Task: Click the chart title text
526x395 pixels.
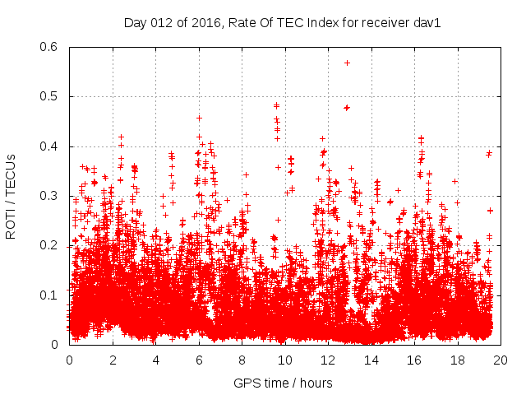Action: coord(283,23)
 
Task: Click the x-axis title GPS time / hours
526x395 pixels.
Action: coord(283,383)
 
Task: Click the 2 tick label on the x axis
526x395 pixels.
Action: coord(113,360)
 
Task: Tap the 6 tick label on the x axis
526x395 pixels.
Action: coord(199,360)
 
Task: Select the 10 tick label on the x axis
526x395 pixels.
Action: coord(285,360)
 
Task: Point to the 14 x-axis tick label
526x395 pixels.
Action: coord(371,360)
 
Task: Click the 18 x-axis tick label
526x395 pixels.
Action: coord(458,360)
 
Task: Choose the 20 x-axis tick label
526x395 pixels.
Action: coord(501,360)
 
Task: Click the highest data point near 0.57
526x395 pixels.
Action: coord(348,63)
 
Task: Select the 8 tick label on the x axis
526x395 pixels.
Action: coord(242,360)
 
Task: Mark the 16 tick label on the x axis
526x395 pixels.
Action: coord(414,360)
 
